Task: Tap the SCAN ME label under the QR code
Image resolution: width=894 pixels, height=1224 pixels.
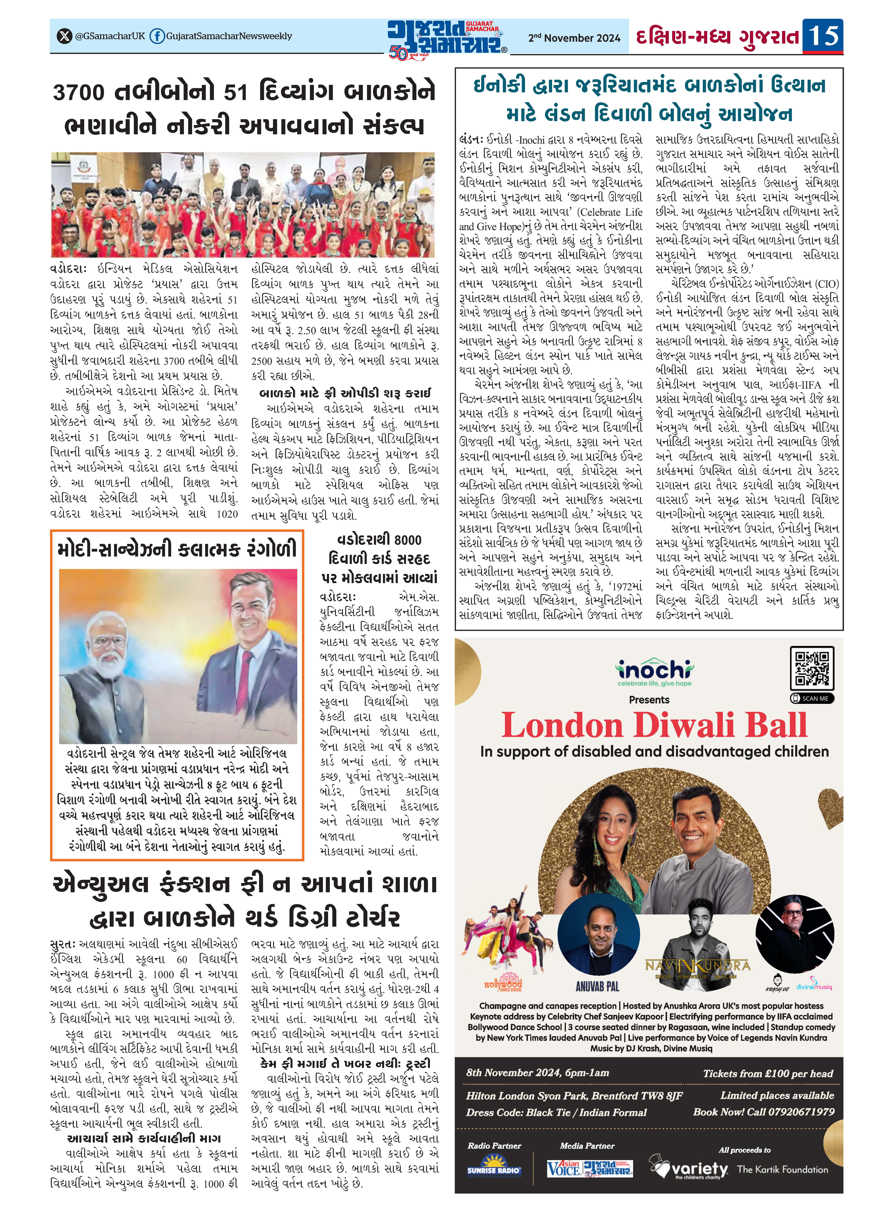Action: click(812, 698)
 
